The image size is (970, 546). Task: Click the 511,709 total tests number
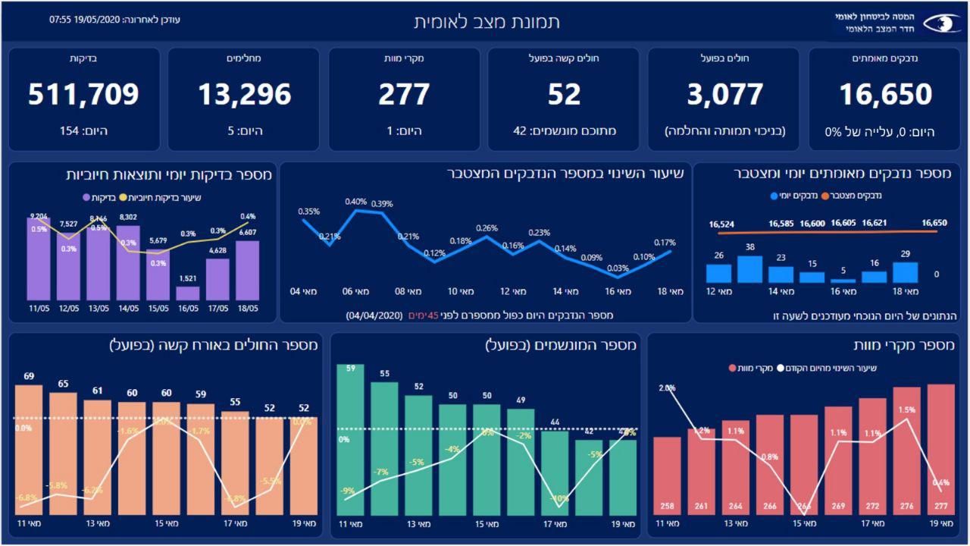pyautogui.click(x=84, y=94)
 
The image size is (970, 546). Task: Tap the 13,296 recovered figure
pyautogui.click(x=244, y=94)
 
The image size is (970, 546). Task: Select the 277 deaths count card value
pyautogui.click(x=404, y=94)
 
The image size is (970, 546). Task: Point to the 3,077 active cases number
pyautogui.click(x=724, y=94)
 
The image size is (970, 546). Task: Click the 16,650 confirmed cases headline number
pyautogui.click(x=885, y=94)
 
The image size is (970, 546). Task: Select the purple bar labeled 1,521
pyautogui.click(x=188, y=293)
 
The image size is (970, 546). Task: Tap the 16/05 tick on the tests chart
pyautogui.click(x=188, y=309)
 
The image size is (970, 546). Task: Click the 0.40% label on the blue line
pyautogui.click(x=355, y=202)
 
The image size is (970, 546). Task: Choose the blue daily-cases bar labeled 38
pyautogui.click(x=749, y=269)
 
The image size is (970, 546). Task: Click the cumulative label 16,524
pyautogui.click(x=722, y=224)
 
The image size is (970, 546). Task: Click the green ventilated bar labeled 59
pyautogui.click(x=350, y=440)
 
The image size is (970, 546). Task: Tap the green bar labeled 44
pyautogui.click(x=555, y=474)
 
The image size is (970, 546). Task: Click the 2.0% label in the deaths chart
pyautogui.click(x=667, y=388)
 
